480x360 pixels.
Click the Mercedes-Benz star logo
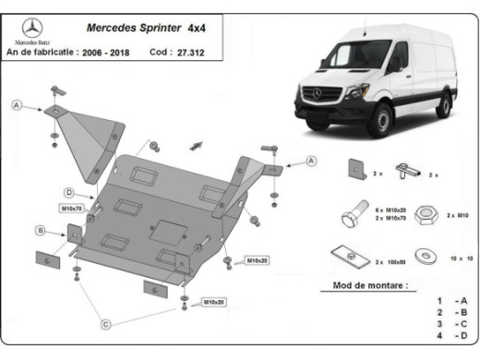coord(30,28)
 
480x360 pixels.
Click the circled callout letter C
coord(106,323)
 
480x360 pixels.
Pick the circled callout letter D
coord(68,192)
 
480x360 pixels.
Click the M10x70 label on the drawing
coord(71,209)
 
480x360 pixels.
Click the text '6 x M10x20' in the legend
coord(390,210)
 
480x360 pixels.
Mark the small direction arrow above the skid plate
coord(197,143)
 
